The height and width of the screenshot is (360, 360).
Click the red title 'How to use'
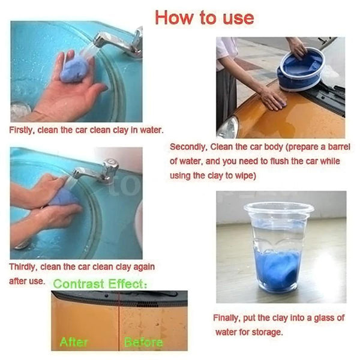[x=204, y=17]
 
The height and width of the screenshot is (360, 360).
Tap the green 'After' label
[x=74, y=342]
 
